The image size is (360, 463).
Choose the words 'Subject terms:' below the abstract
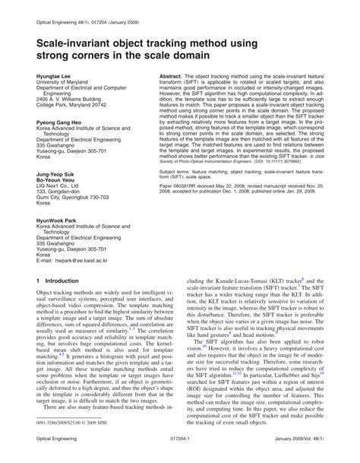tap(178, 173)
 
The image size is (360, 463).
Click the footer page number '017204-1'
tap(179, 449)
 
